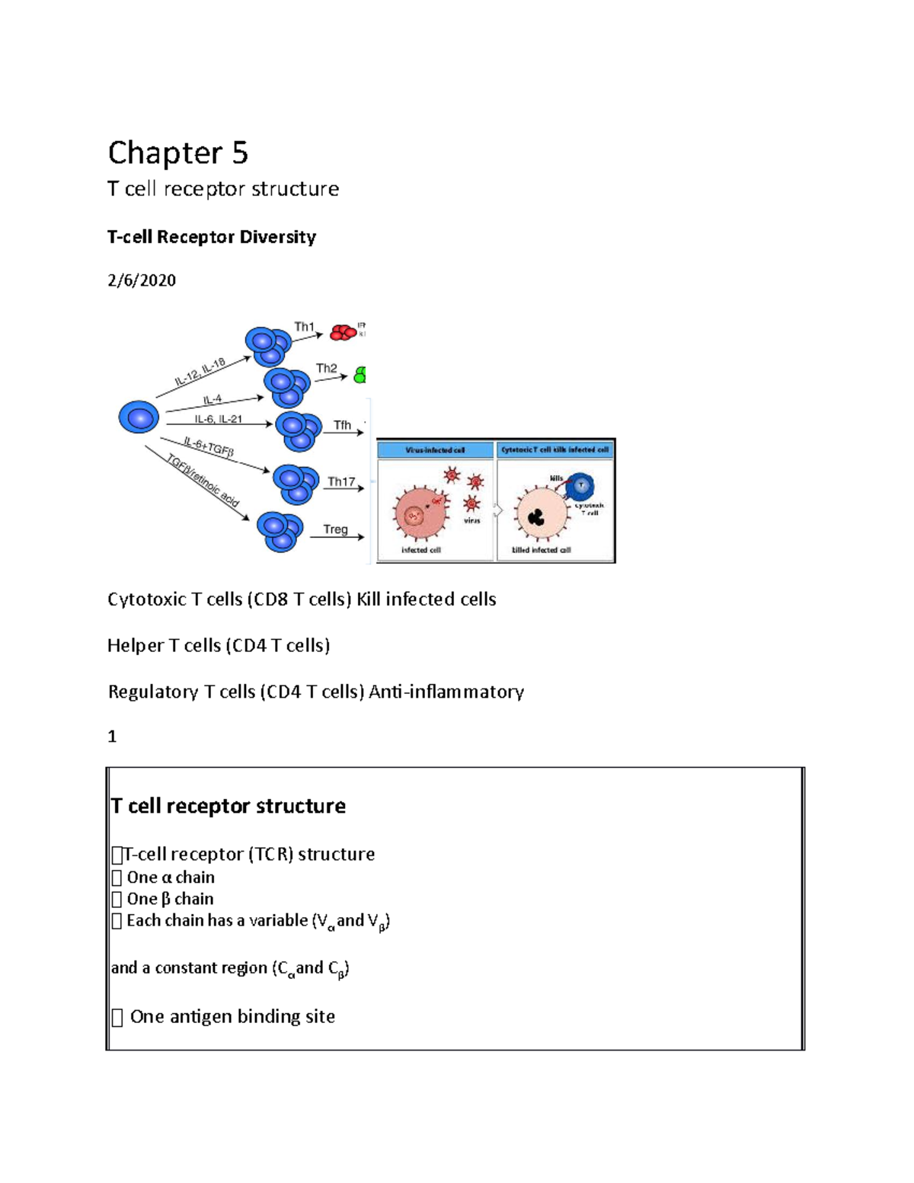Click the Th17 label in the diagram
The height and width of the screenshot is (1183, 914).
(x=341, y=481)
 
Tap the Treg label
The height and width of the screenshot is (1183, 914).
(x=335, y=529)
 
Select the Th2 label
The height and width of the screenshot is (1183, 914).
(x=326, y=368)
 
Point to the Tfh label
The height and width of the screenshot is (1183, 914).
(x=342, y=425)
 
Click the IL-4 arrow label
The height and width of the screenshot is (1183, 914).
(x=213, y=399)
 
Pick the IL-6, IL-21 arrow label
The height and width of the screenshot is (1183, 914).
(x=218, y=419)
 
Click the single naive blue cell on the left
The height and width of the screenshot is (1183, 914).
(x=139, y=417)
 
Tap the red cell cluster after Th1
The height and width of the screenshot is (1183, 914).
(x=343, y=333)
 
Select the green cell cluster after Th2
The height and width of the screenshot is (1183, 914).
(x=360, y=374)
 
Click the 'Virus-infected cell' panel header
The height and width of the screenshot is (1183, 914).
(x=435, y=450)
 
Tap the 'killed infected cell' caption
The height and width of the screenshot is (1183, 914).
(x=541, y=550)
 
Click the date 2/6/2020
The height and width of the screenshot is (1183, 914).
(x=142, y=280)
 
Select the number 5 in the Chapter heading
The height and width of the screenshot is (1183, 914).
(x=240, y=153)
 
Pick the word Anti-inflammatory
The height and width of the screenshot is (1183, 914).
(x=446, y=692)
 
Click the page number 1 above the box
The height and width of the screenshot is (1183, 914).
(x=112, y=736)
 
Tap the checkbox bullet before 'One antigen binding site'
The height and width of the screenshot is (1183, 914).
(x=117, y=1018)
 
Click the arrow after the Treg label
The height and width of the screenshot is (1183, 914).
(x=350, y=537)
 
